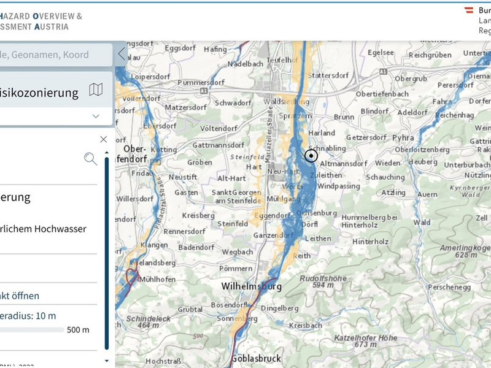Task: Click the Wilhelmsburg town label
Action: (251, 286)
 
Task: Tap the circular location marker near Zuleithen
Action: (311, 156)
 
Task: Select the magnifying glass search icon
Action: (90, 159)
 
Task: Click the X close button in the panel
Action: (103, 139)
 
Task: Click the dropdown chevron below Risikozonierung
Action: (96, 116)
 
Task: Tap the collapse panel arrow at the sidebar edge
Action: (121, 53)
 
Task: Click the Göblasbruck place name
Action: (256, 359)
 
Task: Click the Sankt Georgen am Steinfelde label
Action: (236, 196)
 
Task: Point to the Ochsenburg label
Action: (317, 213)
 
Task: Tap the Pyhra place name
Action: (403, 137)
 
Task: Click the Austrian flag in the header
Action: (470, 10)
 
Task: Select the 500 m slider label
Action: (78, 330)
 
